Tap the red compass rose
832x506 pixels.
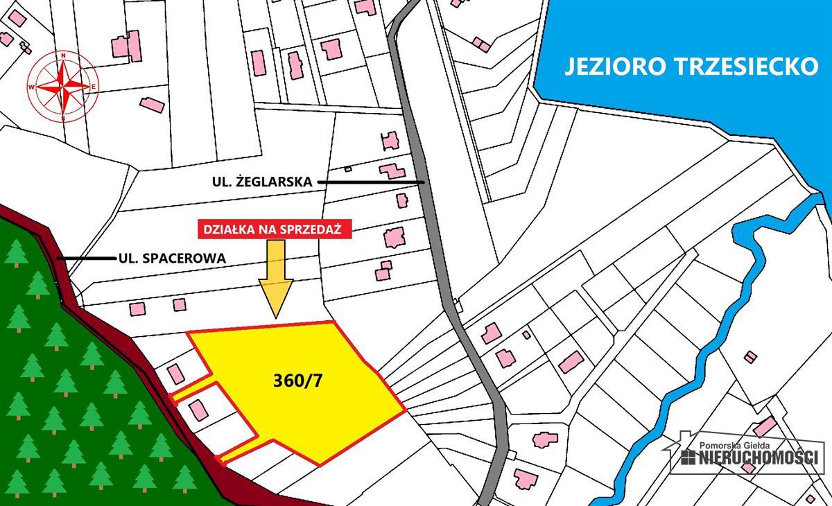click(63, 87)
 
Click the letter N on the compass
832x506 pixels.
click(63, 55)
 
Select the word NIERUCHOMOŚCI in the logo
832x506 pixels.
click(759, 457)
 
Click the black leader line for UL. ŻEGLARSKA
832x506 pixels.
click(372, 182)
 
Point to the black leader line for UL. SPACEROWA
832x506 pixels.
click(87, 259)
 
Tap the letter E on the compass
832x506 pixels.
click(94, 87)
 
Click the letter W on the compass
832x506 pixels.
click(31, 87)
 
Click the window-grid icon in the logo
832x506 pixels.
click(688, 457)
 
